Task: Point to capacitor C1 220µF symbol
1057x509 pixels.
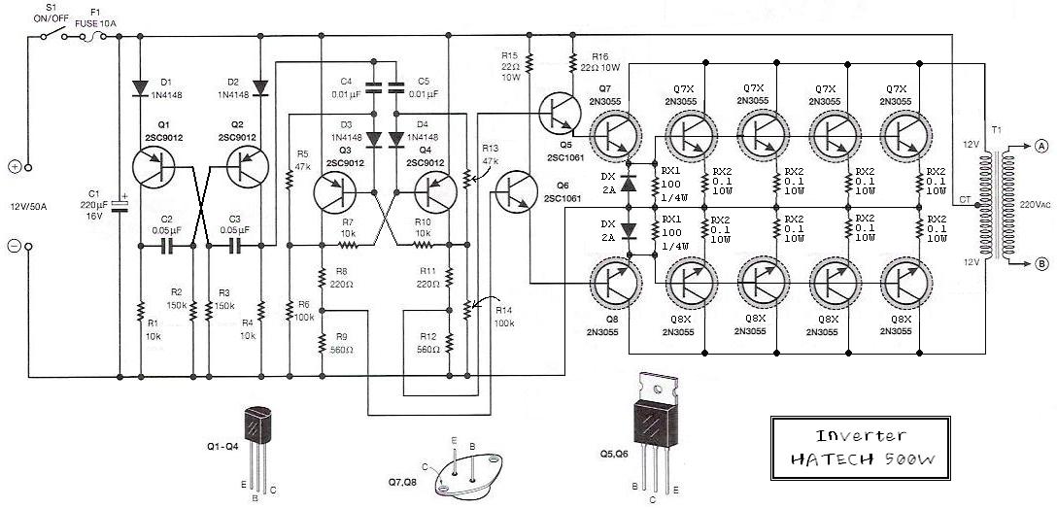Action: (119, 205)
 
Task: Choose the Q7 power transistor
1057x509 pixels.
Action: (613, 135)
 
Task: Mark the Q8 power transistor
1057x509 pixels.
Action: (613, 281)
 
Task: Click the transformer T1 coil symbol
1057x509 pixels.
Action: (992, 203)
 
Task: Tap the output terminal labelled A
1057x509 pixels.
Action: (1041, 147)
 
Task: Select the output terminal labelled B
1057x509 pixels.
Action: (1041, 261)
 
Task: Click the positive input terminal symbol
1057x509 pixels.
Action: (15, 166)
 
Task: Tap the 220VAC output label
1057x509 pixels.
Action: (1036, 204)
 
